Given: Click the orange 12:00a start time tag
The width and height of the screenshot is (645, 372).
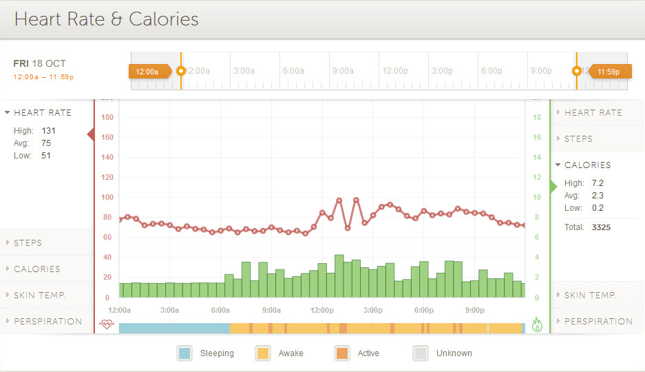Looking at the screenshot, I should (147, 71).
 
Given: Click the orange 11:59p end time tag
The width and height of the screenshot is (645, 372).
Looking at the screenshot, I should (608, 71).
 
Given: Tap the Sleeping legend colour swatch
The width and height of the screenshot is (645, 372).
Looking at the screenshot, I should (184, 353).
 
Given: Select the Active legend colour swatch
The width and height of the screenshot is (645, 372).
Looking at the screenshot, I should (342, 353).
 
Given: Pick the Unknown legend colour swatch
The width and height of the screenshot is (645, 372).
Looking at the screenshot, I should (421, 353).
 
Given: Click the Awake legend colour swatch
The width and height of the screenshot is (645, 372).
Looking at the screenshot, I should (263, 353).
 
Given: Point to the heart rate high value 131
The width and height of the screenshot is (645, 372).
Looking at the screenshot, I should (48, 130).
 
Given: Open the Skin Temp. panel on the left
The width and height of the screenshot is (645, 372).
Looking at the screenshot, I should (40, 295).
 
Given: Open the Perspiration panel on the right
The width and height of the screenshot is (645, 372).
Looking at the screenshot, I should (598, 321).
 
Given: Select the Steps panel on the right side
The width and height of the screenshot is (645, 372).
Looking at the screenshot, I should (578, 138).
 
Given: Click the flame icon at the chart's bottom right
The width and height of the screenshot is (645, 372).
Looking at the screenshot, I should (537, 324).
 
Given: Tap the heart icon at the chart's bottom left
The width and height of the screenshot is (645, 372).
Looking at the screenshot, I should (106, 324).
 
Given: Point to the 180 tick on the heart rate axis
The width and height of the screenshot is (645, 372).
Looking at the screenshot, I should (107, 117).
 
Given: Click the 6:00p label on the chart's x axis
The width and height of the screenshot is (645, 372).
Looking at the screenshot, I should (423, 310).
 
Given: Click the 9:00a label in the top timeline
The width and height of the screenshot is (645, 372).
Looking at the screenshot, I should (342, 71).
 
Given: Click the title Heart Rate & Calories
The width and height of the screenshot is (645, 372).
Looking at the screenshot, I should (106, 19).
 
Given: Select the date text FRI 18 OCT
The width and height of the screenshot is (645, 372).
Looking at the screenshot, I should (39, 63).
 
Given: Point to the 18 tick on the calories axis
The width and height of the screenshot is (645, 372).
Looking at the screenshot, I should (537, 117).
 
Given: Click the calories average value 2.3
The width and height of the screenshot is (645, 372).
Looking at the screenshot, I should (598, 196).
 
